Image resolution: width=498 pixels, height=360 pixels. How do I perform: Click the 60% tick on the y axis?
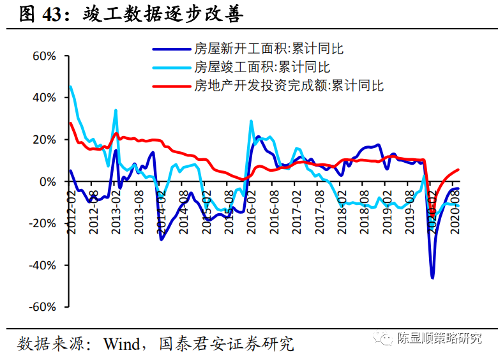(44, 56)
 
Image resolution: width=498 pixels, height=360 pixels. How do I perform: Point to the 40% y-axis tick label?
(44, 98)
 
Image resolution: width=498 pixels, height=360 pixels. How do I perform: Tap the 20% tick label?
(44, 140)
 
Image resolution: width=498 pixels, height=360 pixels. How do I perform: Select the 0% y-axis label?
(48, 182)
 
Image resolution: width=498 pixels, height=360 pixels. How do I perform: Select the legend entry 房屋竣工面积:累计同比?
(262, 66)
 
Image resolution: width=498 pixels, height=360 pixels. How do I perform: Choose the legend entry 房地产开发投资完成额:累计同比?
(289, 85)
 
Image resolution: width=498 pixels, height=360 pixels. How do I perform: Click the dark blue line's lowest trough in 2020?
(432, 278)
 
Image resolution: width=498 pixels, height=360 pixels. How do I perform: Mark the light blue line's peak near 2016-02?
(251, 121)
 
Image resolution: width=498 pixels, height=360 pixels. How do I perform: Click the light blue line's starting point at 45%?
(70, 87)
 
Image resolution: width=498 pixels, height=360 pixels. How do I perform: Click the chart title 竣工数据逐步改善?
(163, 15)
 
